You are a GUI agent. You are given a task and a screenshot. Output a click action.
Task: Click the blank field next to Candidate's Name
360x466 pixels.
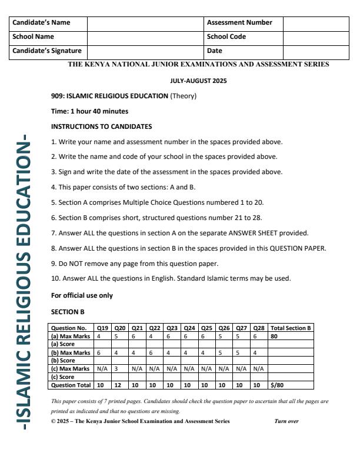click(x=145, y=23)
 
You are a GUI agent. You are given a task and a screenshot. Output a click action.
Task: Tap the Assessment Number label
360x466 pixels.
click(x=239, y=23)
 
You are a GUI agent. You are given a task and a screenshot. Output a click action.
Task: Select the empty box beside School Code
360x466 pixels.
click(x=315, y=37)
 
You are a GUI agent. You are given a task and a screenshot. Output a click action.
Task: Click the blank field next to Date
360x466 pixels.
click(x=315, y=51)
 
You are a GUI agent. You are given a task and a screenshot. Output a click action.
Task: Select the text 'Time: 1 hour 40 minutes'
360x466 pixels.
click(x=89, y=111)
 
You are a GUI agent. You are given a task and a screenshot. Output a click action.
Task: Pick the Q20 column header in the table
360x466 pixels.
click(x=120, y=328)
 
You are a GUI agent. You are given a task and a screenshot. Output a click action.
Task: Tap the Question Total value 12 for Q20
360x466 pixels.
click(x=120, y=385)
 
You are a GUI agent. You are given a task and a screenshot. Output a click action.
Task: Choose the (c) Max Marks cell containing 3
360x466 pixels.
click(x=120, y=369)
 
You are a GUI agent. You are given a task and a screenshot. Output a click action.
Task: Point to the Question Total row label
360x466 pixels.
click(x=71, y=385)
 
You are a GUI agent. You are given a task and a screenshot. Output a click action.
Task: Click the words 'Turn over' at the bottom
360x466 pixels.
click(x=286, y=421)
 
